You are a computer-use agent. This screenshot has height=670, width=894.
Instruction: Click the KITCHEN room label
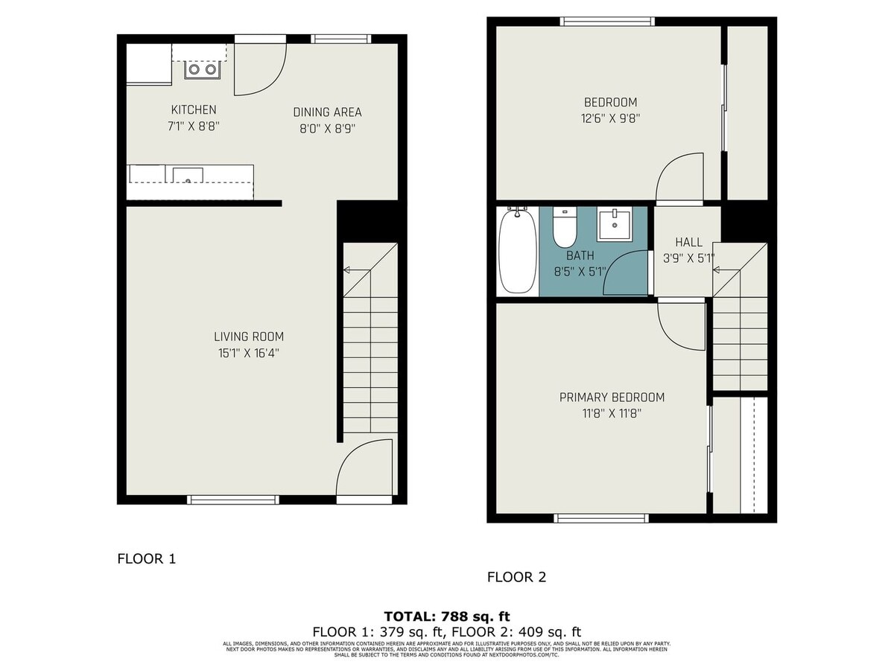pyautogui.click(x=194, y=109)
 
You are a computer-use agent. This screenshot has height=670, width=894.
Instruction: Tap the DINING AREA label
pyautogui.click(x=327, y=112)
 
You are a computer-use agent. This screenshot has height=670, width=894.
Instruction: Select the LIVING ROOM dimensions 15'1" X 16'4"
pyautogui.click(x=249, y=354)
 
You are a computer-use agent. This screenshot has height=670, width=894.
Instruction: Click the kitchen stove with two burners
pyautogui.click(x=203, y=69)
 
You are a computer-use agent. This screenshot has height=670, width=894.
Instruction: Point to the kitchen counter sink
pyautogui.click(x=188, y=176)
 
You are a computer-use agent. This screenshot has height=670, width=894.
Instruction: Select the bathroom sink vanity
pyautogui.click(x=615, y=224)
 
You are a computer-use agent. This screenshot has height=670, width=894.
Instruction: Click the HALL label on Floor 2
pyautogui.click(x=688, y=242)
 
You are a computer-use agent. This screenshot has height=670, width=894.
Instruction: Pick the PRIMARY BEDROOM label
pyautogui.click(x=612, y=398)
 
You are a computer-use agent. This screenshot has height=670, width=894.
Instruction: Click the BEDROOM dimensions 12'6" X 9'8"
pyautogui.click(x=611, y=118)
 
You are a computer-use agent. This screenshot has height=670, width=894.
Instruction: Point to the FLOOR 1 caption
pyautogui.click(x=147, y=558)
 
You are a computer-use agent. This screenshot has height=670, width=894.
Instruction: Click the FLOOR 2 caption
pyautogui.click(x=516, y=577)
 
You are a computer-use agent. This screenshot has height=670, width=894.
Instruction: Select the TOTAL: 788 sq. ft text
pyautogui.click(x=447, y=616)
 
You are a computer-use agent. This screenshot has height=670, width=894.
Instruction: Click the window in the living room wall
pyautogui.click(x=232, y=500)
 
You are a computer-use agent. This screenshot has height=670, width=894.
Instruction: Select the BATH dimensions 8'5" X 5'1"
pyautogui.click(x=580, y=272)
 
